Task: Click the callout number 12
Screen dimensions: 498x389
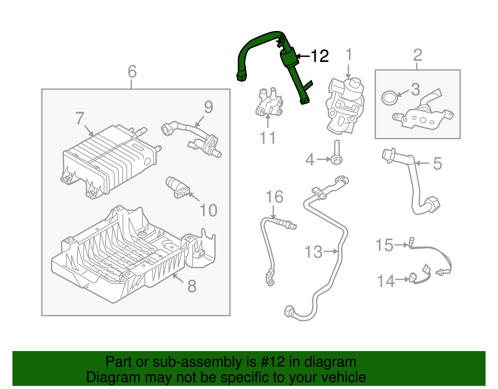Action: click(x=320, y=56)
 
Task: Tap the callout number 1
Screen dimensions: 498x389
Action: click(x=349, y=55)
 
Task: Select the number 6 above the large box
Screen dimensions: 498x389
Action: click(x=132, y=72)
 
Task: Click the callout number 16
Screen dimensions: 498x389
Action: click(x=275, y=197)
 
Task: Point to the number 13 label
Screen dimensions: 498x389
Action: click(x=313, y=252)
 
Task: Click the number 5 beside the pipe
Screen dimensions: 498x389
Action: click(x=437, y=164)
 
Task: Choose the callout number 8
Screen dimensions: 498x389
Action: click(x=192, y=286)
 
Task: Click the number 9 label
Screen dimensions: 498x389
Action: click(x=209, y=107)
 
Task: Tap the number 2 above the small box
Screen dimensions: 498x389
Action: click(x=417, y=55)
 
